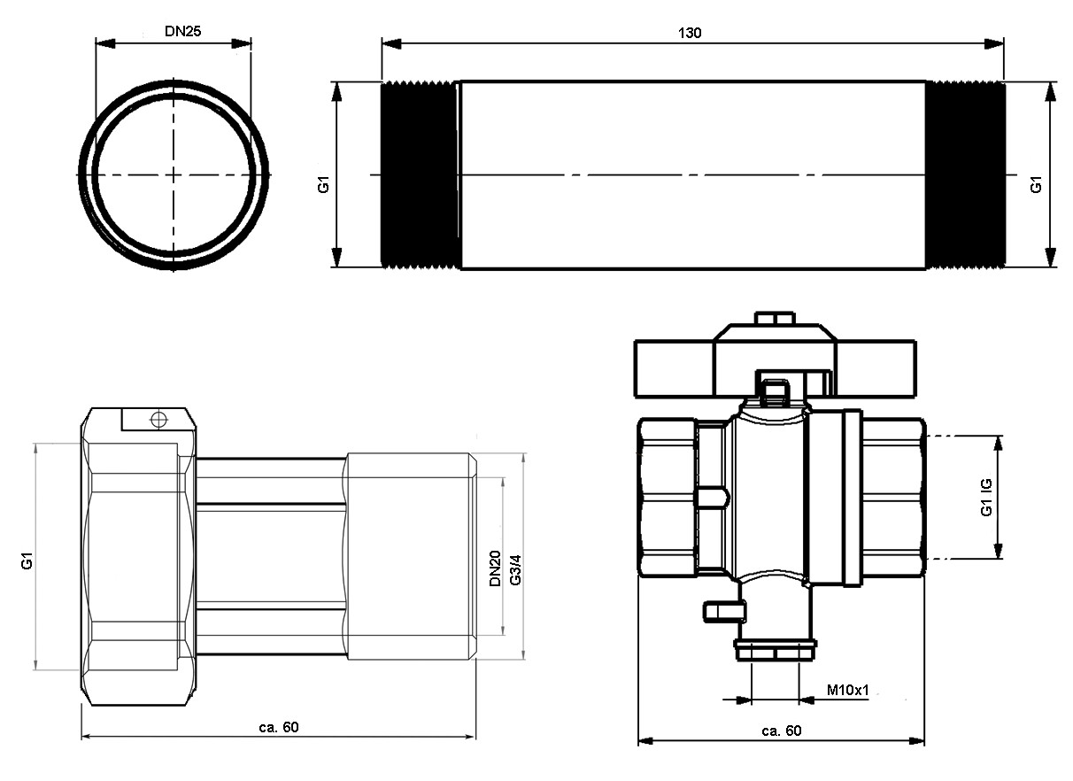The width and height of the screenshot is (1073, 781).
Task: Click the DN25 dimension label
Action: (183, 32)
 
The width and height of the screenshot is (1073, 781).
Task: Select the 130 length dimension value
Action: (690, 33)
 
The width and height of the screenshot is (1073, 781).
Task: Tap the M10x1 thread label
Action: (848, 691)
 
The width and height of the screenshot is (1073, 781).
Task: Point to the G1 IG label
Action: (987, 498)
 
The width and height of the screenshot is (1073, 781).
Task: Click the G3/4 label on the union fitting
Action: (516, 570)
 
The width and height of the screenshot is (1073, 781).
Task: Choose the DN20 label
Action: (495, 568)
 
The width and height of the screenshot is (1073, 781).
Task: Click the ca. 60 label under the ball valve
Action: (782, 731)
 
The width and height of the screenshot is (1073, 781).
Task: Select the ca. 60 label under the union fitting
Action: (279, 727)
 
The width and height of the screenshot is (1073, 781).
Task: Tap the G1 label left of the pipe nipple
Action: (324, 185)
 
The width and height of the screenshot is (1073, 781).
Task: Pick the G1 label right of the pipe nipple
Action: (1036, 185)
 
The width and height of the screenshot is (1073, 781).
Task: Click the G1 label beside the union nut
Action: (27, 561)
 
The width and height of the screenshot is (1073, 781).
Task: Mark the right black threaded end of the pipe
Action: (965, 175)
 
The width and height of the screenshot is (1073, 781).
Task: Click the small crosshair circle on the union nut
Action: (159, 419)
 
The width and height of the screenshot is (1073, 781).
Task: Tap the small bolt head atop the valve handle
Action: (775, 318)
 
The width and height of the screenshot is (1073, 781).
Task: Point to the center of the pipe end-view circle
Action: (174, 174)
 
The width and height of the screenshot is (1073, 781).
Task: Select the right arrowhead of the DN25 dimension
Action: (241, 43)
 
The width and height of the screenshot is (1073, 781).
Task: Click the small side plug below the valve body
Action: (724, 612)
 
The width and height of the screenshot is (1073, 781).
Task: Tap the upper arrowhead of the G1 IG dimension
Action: (999, 445)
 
